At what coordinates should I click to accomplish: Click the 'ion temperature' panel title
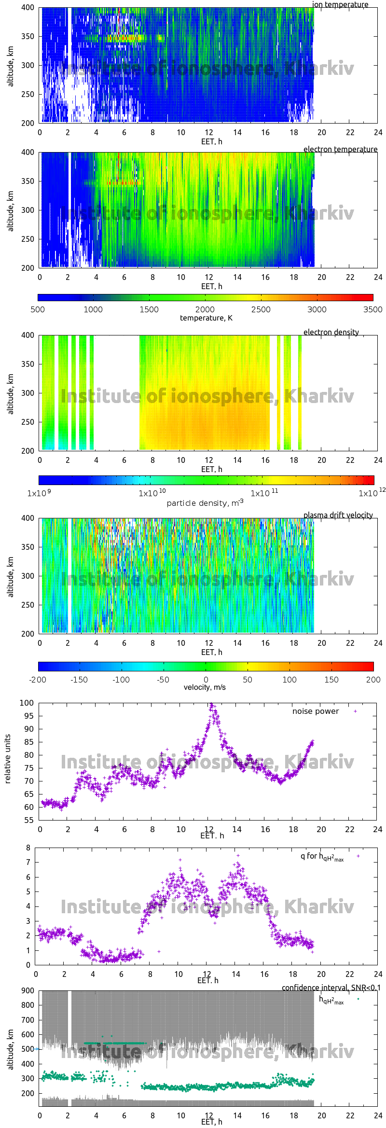point(340,5)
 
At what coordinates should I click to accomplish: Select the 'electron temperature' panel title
point(340,149)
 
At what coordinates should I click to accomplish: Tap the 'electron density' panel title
point(331,332)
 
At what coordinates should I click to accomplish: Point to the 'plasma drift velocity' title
point(338,515)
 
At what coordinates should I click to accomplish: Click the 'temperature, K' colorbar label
point(206,318)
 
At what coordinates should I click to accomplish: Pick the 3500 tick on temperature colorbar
point(372,309)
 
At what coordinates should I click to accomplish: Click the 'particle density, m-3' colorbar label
point(205,503)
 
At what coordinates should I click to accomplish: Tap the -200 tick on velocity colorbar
point(38,680)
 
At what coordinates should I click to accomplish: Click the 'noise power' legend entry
point(316,711)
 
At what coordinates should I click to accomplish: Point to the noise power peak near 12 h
point(211,705)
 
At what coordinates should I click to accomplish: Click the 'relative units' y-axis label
point(8,759)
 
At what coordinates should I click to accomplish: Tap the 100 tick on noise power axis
point(27,703)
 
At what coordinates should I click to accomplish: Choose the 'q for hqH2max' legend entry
point(322,856)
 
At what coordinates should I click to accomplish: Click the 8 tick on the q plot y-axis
point(28,848)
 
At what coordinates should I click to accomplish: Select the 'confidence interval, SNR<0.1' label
point(331,988)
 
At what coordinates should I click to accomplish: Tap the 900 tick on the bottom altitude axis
point(28,990)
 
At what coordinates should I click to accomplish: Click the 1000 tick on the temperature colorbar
point(93,309)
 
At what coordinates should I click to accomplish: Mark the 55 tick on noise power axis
point(28,820)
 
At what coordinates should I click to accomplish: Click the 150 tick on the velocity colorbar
point(331,680)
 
